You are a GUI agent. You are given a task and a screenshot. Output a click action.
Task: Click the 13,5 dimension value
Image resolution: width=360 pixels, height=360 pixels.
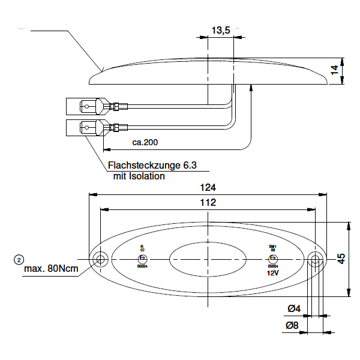(x=221, y=30)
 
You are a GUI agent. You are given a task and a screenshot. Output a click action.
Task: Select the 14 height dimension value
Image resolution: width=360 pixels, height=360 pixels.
(x=335, y=71)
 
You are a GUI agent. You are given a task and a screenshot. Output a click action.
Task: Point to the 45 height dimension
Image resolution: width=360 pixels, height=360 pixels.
(x=341, y=259)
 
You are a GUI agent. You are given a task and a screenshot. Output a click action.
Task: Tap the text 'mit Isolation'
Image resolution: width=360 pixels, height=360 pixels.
(x=139, y=176)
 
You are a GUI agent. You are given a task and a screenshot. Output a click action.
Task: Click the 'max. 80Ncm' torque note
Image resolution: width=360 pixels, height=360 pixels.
(x=51, y=269)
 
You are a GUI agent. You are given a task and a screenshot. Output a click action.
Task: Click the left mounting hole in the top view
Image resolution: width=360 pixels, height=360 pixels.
(x=100, y=259)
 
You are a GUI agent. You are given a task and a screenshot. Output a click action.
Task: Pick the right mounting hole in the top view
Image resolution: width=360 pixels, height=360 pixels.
(x=315, y=259)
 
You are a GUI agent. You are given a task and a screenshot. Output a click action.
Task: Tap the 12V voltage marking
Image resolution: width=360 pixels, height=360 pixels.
(x=273, y=272)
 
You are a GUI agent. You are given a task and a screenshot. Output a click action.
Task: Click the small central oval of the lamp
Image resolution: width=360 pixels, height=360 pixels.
(x=207, y=259)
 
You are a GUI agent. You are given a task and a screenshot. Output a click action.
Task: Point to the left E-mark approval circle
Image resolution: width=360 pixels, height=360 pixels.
(x=142, y=259)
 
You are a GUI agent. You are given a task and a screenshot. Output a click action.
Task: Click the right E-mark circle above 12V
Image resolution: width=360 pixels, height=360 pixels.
(x=272, y=259)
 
